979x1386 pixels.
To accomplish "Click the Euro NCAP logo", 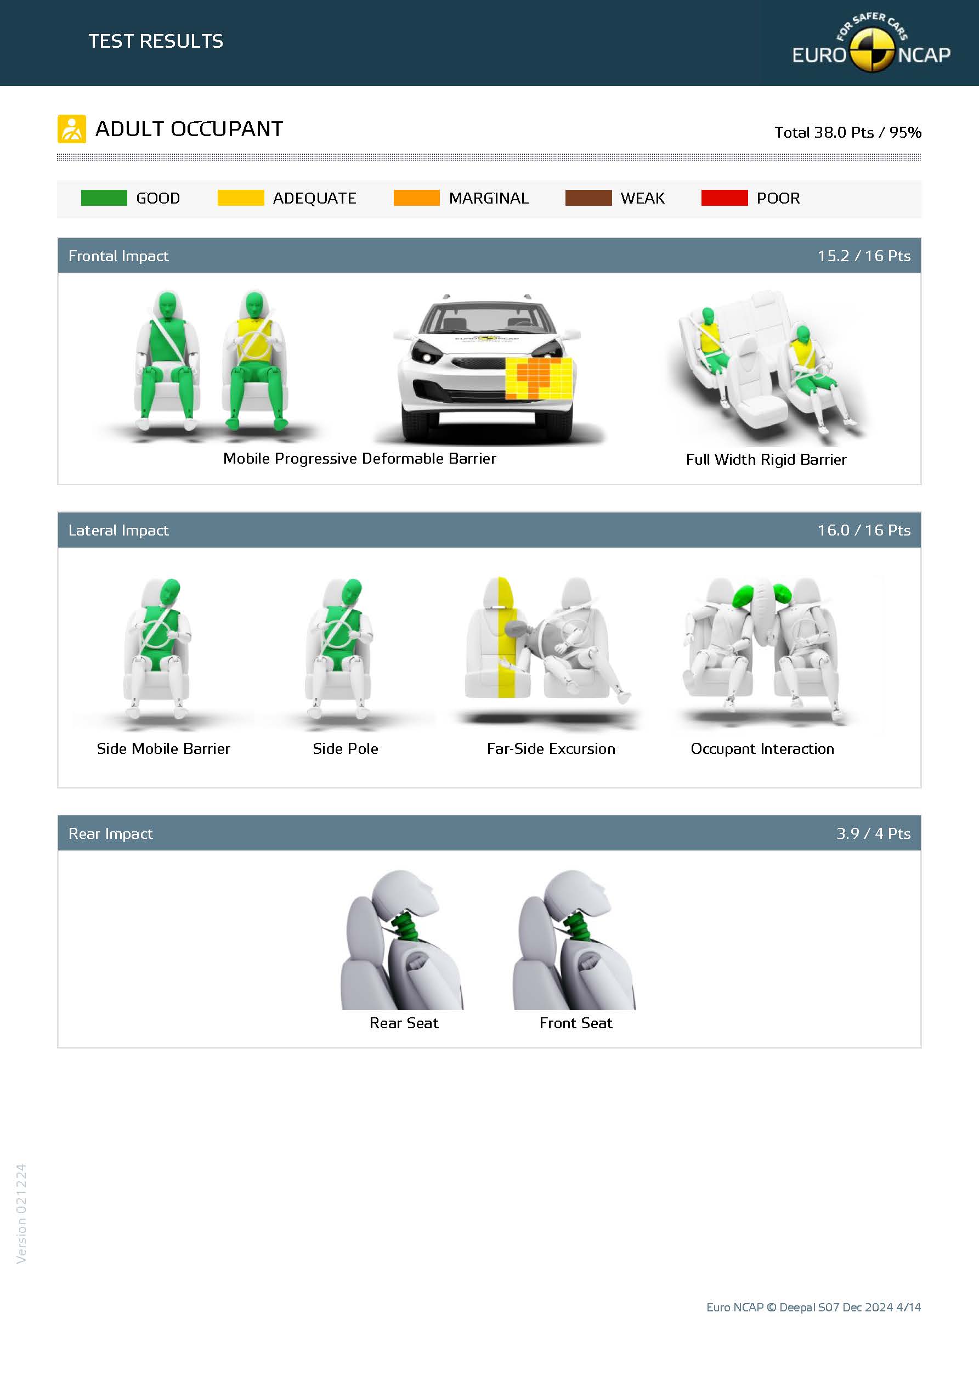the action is pyautogui.click(x=871, y=43).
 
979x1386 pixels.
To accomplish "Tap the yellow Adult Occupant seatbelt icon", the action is pyautogui.click(x=72, y=129).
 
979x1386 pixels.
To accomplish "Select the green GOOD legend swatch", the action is pyautogui.click(x=104, y=198).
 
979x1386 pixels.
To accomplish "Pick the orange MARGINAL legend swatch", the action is pyautogui.click(x=416, y=198).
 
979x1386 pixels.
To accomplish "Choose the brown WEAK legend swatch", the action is pyautogui.click(x=588, y=198).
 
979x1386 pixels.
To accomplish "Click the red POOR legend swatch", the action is pyautogui.click(x=725, y=198).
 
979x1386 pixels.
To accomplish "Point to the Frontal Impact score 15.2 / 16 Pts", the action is pyautogui.click(x=864, y=256).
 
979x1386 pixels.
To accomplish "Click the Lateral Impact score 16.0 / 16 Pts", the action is pyautogui.click(x=864, y=530).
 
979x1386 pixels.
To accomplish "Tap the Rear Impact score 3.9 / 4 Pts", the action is pyautogui.click(x=873, y=833).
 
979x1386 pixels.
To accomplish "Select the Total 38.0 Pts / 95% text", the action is pyautogui.click(x=848, y=132).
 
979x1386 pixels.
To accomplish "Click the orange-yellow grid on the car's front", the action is pyautogui.click(x=539, y=379).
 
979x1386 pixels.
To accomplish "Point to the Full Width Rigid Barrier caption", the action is pyautogui.click(x=766, y=459).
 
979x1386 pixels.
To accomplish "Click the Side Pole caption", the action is pyautogui.click(x=345, y=748).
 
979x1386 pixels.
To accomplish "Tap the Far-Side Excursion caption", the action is pyautogui.click(x=551, y=748).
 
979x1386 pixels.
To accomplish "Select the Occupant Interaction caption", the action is pyautogui.click(x=762, y=748).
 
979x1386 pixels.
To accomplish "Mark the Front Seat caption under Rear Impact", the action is pyautogui.click(x=576, y=1023).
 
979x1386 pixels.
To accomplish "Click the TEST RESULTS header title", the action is pyautogui.click(x=156, y=41).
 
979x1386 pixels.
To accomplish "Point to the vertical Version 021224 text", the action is pyautogui.click(x=21, y=1213).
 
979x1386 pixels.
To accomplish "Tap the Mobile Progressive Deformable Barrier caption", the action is pyautogui.click(x=360, y=459).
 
